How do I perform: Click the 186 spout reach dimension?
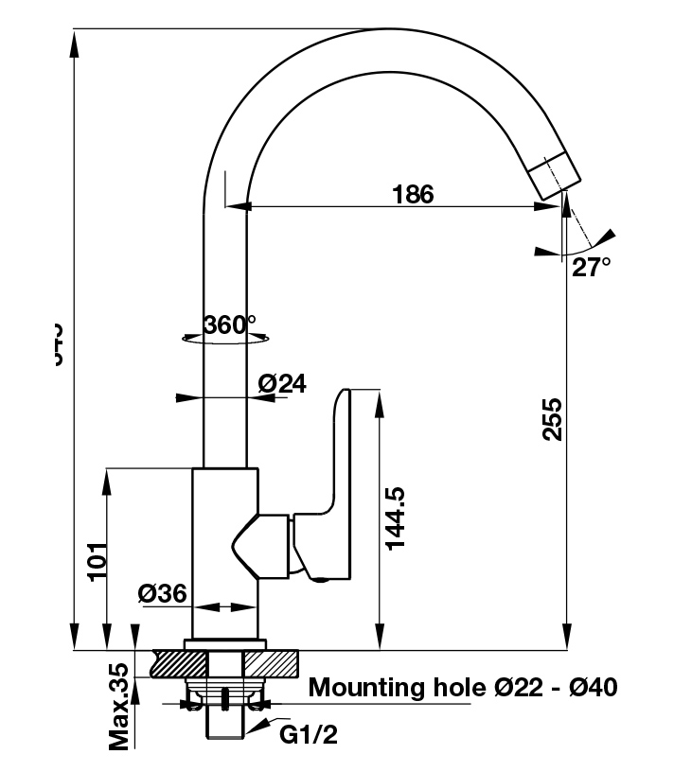pos(413,194)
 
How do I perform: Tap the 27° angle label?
pos(591,268)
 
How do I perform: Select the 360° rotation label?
pos(230,325)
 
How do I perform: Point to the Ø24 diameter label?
pos(282,383)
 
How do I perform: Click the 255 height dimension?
pos(553,418)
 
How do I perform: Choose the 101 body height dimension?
pos(95,563)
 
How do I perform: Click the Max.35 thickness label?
pos(119,707)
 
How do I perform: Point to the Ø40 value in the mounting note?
pos(593,686)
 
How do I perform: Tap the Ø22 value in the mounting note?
pos(511,686)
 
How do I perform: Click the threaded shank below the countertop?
pos(224,719)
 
